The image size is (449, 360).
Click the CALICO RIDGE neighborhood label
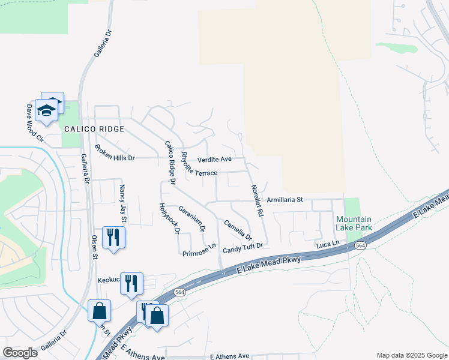pos(94,129)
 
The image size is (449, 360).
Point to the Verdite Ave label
pos(215,160)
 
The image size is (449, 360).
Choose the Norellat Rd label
pos(257,200)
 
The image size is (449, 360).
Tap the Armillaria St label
pos(286,199)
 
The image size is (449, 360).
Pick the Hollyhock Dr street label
pos(170,218)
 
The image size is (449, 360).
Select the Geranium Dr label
pos(192,219)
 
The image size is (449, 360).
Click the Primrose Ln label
pos(199,250)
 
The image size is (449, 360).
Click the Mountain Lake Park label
pos(354,223)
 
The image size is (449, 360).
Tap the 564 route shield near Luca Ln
pos(360,245)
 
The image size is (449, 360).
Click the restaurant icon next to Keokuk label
pos(131,283)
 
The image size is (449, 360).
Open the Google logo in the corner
pos(20,353)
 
